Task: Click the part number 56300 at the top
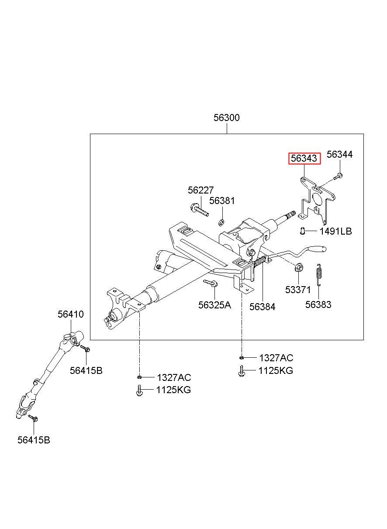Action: pos(226,118)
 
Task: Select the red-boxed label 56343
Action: pos(304,158)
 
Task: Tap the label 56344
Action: pos(339,155)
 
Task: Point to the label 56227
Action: pos(200,190)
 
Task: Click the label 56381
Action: pos(222,201)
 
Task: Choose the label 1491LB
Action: pos(335,231)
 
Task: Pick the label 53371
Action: pos(298,290)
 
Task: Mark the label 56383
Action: pos(318,304)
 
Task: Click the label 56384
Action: pos(262,307)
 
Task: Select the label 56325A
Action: pos(214,305)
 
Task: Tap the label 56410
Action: pos(71,315)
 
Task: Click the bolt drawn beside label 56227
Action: pos(199,210)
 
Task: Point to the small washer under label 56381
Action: pos(221,222)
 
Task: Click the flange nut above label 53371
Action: pos(298,268)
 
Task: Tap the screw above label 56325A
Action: pos(211,283)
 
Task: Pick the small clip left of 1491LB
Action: pos(302,231)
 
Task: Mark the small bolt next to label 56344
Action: pos(339,176)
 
